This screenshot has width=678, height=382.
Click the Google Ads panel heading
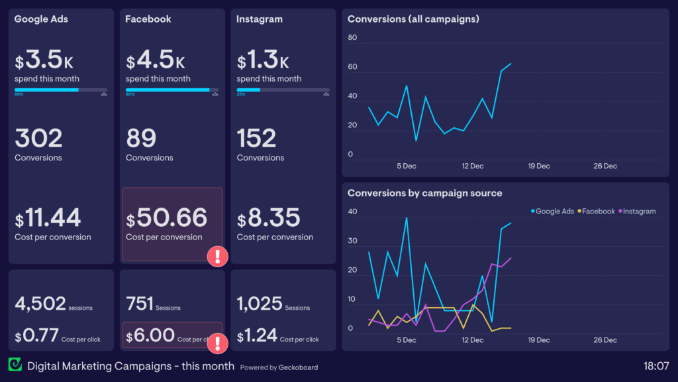(41, 19)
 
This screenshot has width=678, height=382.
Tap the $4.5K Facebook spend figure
(156, 61)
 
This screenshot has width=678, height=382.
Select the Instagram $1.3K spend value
(263, 61)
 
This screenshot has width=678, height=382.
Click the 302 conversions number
(38, 139)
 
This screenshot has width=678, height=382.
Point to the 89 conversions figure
(141, 139)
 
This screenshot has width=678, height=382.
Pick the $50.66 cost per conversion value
(167, 218)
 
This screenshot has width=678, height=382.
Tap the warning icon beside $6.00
(218, 343)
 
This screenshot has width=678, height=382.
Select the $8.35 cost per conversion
(269, 218)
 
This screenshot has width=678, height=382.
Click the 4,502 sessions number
(40, 304)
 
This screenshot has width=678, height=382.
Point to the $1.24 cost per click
(257, 336)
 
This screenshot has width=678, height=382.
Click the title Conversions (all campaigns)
(413, 19)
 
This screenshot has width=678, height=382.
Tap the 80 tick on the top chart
(352, 38)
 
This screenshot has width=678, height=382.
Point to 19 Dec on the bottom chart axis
(539, 340)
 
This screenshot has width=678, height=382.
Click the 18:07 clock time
(656, 365)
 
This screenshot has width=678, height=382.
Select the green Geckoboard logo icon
(15, 365)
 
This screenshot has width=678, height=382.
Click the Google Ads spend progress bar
(61, 90)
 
